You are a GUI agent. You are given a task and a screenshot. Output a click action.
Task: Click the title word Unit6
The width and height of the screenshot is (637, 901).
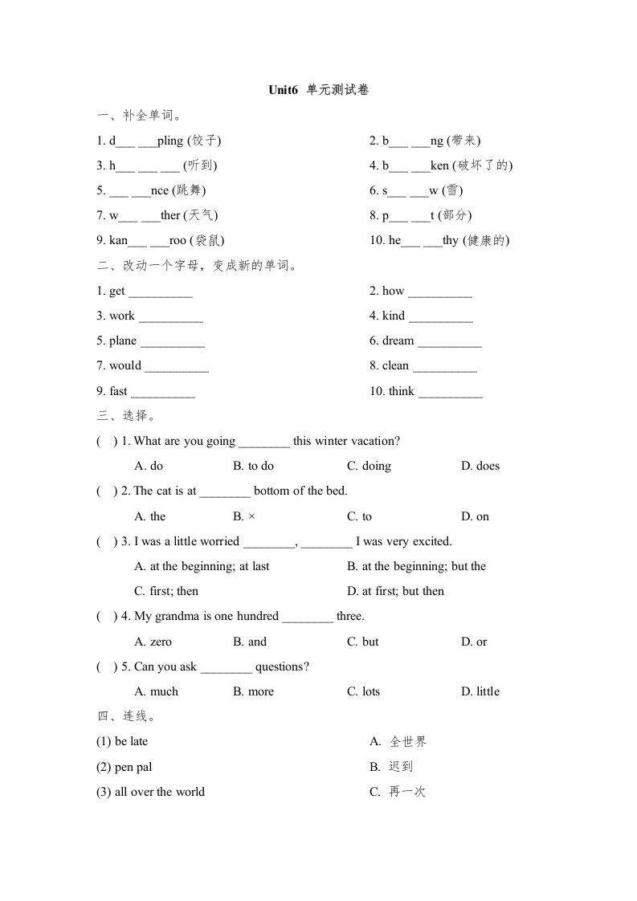click(284, 91)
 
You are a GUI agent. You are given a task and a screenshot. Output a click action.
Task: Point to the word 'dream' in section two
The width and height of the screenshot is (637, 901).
click(398, 340)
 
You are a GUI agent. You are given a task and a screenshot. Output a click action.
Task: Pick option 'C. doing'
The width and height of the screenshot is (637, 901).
click(369, 466)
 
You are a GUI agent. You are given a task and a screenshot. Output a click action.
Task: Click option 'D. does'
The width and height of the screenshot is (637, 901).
click(480, 466)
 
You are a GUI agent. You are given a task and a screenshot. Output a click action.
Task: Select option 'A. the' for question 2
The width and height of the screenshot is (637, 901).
click(150, 516)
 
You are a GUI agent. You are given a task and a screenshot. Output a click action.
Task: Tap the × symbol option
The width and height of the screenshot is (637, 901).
click(251, 516)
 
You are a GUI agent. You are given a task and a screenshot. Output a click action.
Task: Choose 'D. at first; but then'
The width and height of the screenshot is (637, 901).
click(395, 591)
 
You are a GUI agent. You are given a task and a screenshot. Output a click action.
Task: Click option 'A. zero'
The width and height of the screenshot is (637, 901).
click(153, 642)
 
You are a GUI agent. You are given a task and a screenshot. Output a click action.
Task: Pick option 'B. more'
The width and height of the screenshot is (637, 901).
click(253, 691)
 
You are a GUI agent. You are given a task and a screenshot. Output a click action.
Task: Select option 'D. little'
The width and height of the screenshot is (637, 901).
click(480, 691)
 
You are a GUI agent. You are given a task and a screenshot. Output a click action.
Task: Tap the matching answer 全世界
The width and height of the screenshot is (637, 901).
click(408, 742)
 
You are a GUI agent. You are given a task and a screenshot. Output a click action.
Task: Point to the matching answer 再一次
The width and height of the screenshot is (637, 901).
click(407, 792)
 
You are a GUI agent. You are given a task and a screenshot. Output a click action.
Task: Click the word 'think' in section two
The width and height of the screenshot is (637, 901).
click(401, 391)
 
